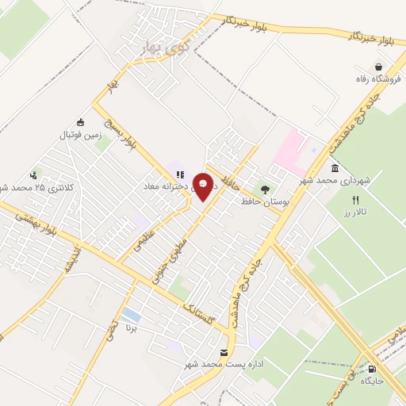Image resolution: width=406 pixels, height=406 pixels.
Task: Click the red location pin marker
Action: [x=203, y=186]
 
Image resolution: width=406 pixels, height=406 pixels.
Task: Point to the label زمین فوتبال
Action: [x=77, y=135]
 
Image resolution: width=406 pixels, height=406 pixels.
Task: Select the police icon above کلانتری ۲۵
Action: [x=33, y=175]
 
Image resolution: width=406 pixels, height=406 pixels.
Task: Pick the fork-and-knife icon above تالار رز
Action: [x=356, y=201]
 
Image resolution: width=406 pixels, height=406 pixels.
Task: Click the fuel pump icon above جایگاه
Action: [x=373, y=369]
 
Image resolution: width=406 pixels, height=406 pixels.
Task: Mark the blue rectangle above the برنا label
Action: [x=132, y=315]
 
